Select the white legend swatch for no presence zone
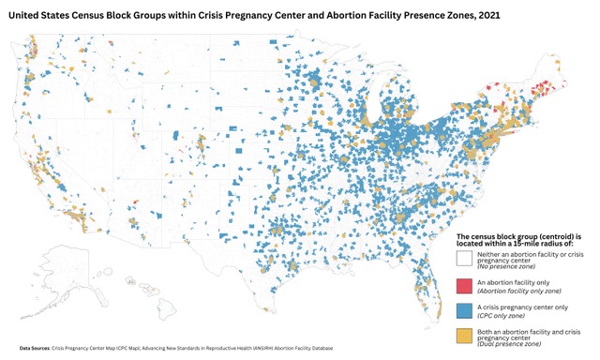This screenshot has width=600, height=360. coord(464,257)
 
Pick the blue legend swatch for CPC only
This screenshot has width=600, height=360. coord(464,307)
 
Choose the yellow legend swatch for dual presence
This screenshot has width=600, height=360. coord(464,332)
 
